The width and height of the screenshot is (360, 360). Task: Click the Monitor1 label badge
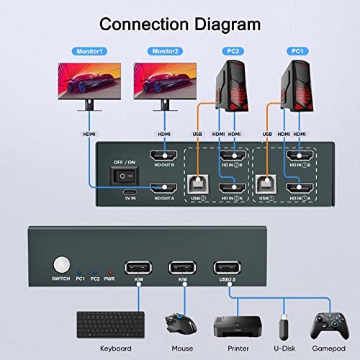point(89,51)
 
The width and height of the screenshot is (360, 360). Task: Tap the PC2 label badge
point(233,51)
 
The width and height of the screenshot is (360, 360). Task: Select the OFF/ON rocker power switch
point(125,176)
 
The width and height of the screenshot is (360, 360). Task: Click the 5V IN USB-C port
point(130,192)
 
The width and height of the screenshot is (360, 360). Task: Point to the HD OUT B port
point(163,156)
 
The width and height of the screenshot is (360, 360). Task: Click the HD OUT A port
point(163,189)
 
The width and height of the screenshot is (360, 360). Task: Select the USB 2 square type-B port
point(198,184)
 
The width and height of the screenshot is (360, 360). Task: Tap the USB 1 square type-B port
point(266,184)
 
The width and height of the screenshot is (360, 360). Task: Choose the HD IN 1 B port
point(300,156)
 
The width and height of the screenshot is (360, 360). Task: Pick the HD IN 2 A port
point(233,189)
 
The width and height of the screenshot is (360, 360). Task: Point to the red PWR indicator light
point(110,273)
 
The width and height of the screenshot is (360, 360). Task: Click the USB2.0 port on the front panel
point(227,267)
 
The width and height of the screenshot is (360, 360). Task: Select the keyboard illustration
point(111,325)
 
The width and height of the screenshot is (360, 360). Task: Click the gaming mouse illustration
point(181,323)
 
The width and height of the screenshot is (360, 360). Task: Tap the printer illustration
point(238,326)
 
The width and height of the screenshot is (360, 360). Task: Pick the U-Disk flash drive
point(284,327)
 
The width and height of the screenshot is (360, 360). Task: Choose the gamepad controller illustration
point(330,325)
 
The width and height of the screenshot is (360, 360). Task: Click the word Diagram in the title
point(228,25)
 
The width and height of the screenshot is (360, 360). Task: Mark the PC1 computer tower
point(297,86)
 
